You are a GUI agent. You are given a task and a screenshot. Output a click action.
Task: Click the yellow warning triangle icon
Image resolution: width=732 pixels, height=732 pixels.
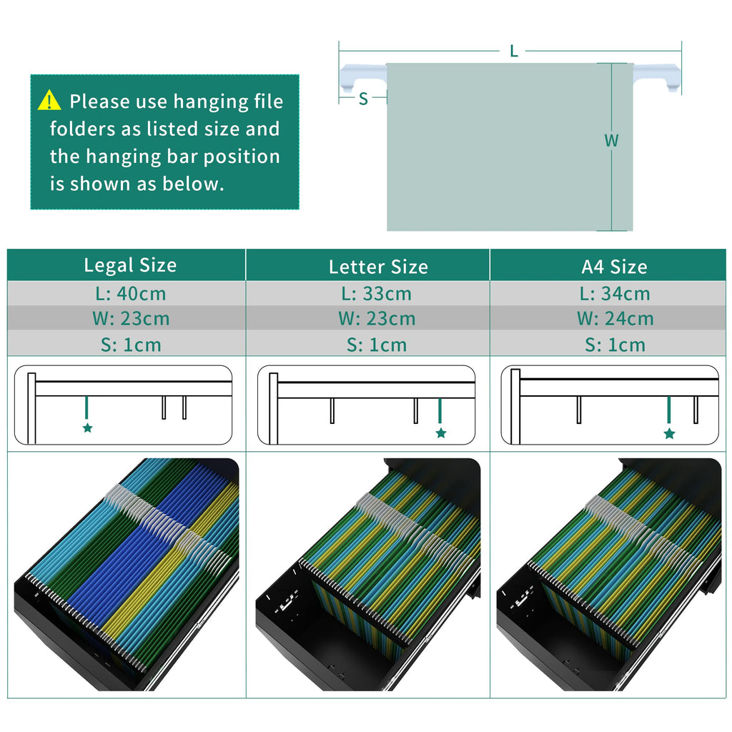pos(49,101)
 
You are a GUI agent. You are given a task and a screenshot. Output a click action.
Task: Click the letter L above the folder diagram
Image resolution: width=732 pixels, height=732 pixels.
pos(513,51)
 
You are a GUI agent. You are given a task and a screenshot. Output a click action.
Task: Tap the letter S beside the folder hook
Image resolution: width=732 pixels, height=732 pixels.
pos(363,99)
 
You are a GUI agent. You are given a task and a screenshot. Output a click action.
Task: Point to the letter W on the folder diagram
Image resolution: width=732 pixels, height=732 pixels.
pos(611,141)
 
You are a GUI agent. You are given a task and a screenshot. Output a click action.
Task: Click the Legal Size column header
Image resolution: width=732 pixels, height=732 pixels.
pos(130,265)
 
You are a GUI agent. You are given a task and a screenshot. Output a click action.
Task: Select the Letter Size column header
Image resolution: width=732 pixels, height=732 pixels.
pos(378,267)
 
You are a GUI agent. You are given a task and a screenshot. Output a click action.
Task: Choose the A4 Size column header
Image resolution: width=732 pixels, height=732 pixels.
pos(614,267)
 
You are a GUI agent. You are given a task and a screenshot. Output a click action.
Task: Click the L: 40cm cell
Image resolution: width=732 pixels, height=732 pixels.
pos(130,294)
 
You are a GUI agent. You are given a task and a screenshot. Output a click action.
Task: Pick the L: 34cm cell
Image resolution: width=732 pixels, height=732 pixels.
pos(615,294)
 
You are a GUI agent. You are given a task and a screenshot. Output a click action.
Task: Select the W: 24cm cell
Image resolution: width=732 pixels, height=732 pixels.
pos(615,319)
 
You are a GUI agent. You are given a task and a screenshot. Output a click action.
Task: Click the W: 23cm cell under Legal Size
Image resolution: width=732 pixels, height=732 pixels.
pos(130,319)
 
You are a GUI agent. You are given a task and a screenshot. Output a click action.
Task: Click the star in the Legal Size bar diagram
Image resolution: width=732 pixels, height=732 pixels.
pos(87,428)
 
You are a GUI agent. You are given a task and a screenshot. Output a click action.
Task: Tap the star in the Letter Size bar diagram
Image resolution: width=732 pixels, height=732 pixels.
pos(441,432)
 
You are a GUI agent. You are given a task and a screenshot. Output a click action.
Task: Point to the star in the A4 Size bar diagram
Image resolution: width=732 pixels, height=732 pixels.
pos(669,433)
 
